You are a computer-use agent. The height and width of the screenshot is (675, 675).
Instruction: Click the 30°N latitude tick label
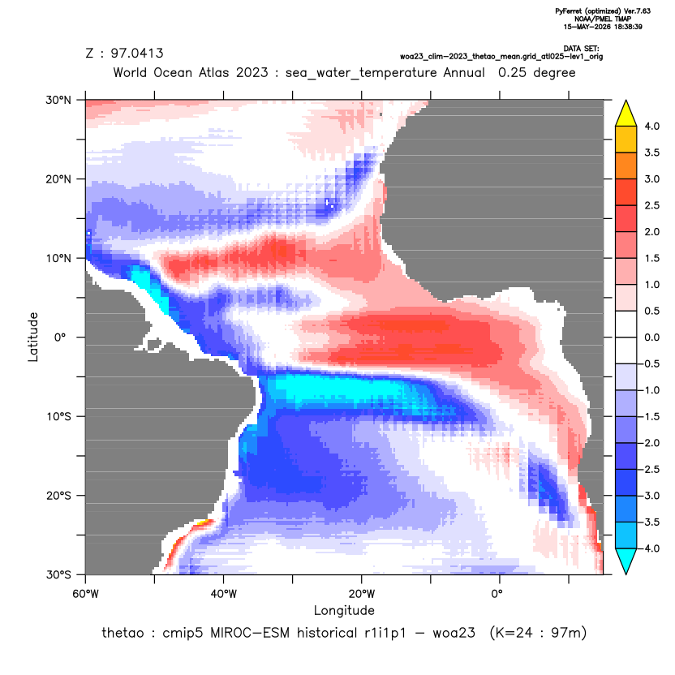[58, 100]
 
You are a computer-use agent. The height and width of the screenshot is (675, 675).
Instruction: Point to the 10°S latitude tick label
[58, 417]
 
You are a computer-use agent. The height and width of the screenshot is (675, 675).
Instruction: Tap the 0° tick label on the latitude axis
[60, 337]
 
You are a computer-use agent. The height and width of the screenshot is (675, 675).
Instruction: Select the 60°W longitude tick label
[85, 594]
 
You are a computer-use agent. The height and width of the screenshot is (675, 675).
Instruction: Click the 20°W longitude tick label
[362, 594]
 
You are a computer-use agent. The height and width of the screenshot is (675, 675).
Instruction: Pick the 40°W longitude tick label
[223, 594]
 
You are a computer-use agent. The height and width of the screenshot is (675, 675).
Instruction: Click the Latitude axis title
[33, 337]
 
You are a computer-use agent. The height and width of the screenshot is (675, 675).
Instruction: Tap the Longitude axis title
[344, 610]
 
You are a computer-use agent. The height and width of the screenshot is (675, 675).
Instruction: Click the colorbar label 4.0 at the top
[651, 126]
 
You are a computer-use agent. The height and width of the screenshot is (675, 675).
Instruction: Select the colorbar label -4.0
[650, 548]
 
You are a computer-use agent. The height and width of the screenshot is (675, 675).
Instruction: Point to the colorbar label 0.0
[651, 337]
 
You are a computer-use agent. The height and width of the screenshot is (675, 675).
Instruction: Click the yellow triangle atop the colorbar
[626, 114]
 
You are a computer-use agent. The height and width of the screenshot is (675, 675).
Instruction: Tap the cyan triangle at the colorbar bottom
[626, 561]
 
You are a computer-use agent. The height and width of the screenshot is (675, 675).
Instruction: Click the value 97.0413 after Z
[137, 54]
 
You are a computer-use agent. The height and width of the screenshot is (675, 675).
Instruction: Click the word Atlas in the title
[214, 72]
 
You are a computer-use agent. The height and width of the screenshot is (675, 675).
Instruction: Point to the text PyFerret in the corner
[570, 11]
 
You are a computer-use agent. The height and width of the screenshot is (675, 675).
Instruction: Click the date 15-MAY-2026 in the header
[583, 27]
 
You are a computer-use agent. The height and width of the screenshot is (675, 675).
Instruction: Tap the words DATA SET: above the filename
[581, 49]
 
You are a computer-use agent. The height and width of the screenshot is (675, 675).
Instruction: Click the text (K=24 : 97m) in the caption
[538, 634]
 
